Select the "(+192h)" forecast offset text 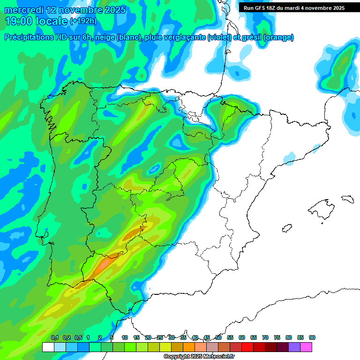pos(83,21)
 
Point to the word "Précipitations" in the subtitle pos(32,37)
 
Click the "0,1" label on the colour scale pos(54,337)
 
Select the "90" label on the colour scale pos(312,337)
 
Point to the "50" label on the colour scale pos(218,337)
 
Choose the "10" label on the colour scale pos(125,337)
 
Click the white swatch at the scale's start pos(48,347)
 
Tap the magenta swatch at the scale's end pos(306,347)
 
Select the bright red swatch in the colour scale pos(247,347)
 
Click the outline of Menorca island pos(347,199)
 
